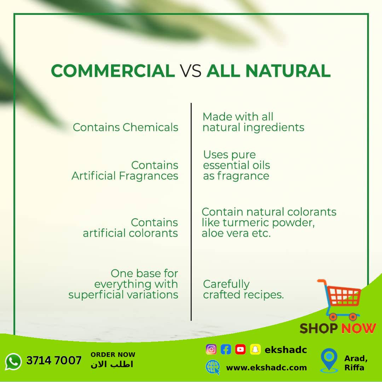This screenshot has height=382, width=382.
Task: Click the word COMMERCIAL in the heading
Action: (x=113, y=71)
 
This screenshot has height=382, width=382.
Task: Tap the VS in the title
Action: (x=191, y=71)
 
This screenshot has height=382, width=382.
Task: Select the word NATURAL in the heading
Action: (x=288, y=71)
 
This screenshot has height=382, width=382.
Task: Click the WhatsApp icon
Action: (x=13, y=361)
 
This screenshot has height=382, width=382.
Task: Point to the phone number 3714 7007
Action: (x=54, y=360)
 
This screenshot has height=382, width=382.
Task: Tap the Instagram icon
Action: (x=211, y=349)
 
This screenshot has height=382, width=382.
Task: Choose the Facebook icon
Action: (x=226, y=349)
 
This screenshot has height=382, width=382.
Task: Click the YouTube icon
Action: (x=241, y=349)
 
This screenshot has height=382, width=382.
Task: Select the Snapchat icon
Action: (x=255, y=349)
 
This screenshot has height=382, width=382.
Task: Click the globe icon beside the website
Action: (x=213, y=367)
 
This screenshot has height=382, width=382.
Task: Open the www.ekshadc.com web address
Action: (x=267, y=367)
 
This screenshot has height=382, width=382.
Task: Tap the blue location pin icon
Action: (x=329, y=360)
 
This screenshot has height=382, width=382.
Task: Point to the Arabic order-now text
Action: (x=112, y=364)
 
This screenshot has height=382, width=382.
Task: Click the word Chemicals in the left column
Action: (x=150, y=127)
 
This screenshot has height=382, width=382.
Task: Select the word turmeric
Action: (x=246, y=223)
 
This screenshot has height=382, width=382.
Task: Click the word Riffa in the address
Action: (x=354, y=367)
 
